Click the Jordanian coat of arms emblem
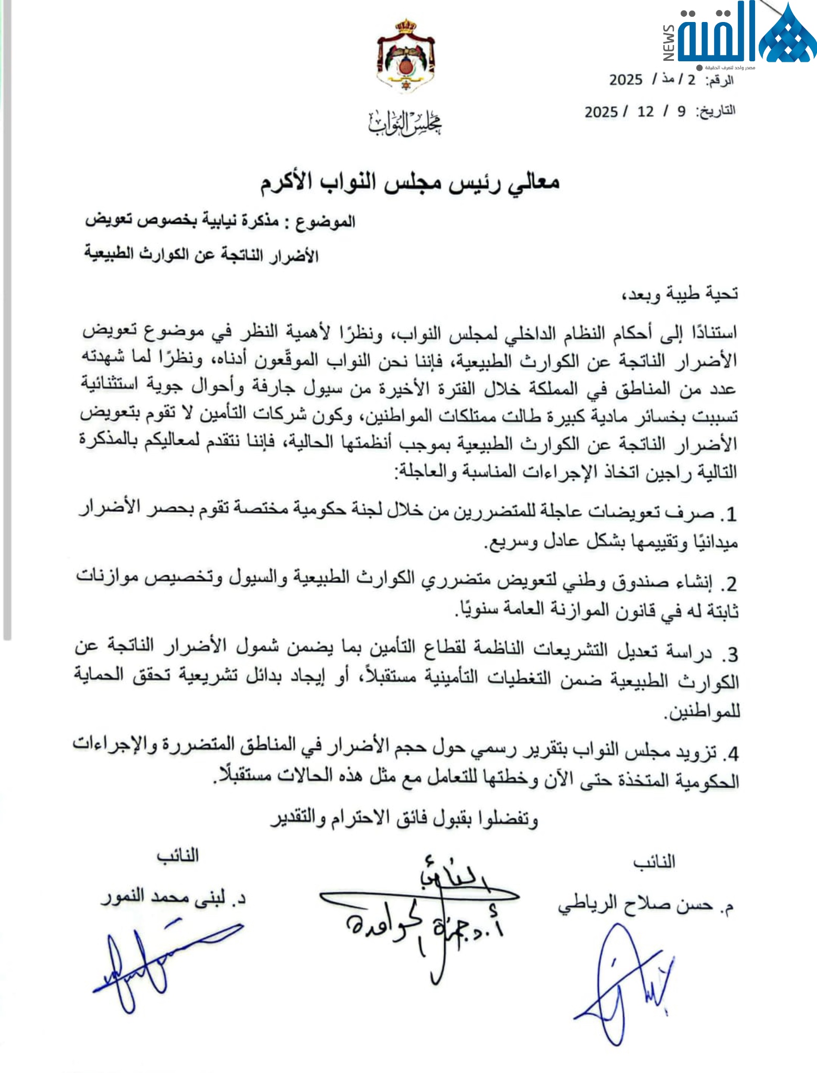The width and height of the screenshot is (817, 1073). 405,56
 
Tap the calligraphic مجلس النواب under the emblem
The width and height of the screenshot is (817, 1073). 405,123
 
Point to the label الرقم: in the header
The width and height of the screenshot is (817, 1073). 719,80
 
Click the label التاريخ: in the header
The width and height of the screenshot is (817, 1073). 716,111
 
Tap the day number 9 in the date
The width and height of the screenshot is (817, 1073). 681,112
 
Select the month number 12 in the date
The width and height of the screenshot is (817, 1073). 646,112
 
